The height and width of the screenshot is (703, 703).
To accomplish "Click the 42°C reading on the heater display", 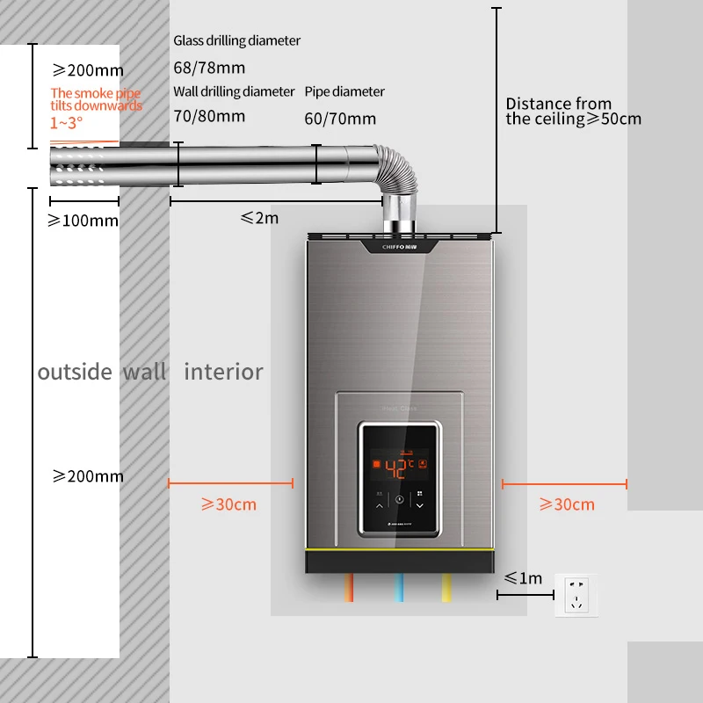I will (393, 468).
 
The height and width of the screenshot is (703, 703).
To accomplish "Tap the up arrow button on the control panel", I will (380, 505).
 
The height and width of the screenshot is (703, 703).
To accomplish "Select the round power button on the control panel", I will (400, 499).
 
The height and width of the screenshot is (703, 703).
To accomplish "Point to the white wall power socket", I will (576, 595).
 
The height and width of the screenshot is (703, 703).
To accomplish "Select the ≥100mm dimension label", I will (83, 221).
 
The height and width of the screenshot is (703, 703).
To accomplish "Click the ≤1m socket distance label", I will (523, 577).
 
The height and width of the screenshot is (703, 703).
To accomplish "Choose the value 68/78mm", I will (209, 68).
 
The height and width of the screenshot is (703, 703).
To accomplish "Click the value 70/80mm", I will (209, 115).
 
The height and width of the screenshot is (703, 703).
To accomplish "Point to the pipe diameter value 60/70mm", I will (340, 119).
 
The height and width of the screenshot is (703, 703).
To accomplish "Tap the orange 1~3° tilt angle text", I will (67, 122).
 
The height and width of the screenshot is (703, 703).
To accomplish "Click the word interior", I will (223, 372).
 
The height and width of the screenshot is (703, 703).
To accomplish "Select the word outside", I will (75, 372).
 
